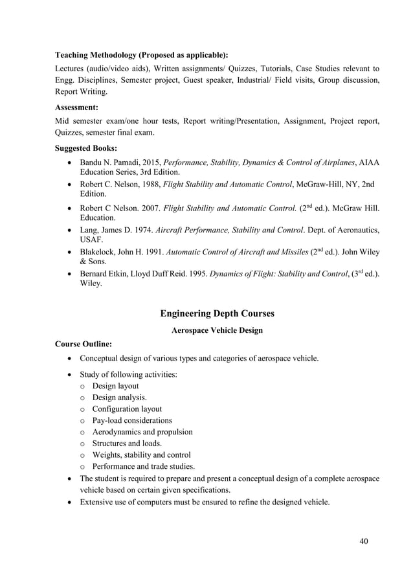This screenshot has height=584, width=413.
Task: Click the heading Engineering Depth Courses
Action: pos(217,313)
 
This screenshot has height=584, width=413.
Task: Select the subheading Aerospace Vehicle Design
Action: pos(217,330)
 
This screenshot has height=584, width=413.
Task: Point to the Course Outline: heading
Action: pos(84,343)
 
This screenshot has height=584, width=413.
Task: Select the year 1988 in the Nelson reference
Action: pos(151,184)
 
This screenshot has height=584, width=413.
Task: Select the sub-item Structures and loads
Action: pos(122,444)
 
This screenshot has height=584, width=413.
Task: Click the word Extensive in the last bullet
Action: pos(98,502)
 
